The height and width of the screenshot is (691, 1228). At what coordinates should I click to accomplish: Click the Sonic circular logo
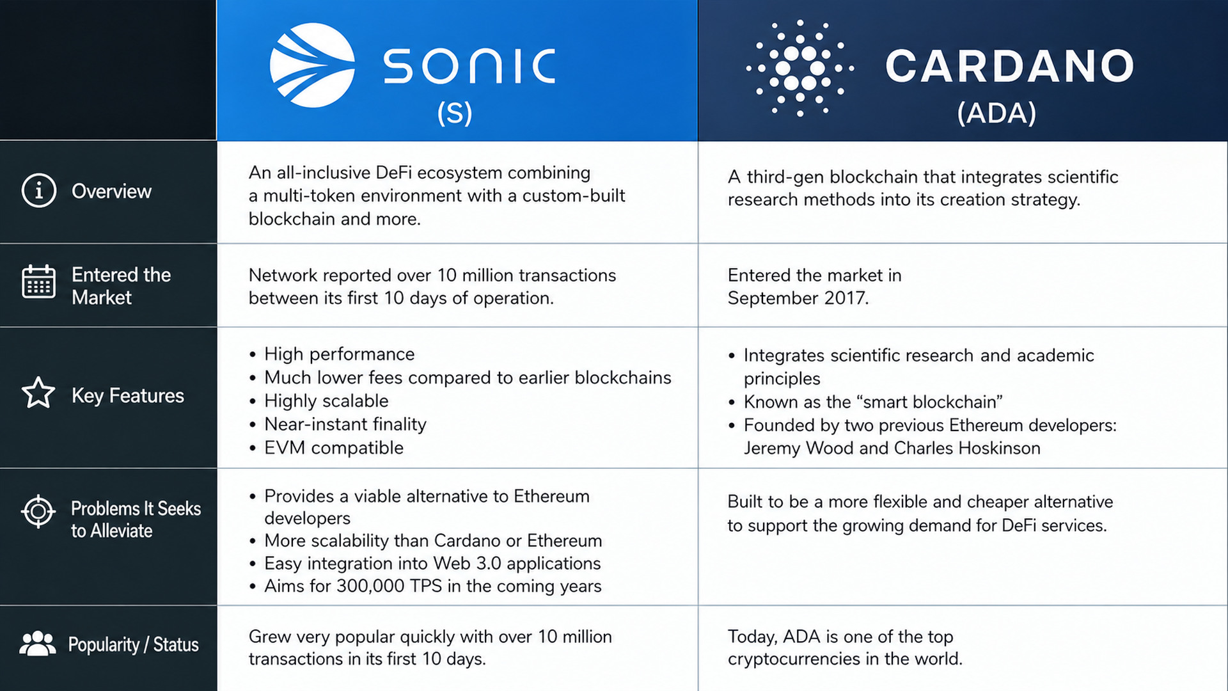click(x=312, y=65)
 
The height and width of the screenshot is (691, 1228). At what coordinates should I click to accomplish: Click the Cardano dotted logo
click(x=799, y=68)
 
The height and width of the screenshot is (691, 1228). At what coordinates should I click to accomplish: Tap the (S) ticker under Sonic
click(x=455, y=113)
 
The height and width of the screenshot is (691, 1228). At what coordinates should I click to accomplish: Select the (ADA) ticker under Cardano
click(x=996, y=113)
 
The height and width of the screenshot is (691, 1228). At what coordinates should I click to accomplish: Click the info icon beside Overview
click(x=39, y=191)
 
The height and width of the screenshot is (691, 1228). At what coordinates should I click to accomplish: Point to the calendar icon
click(x=39, y=282)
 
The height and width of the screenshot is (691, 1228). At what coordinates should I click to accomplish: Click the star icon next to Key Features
click(x=38, y=392)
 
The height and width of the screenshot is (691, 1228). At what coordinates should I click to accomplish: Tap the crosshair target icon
click(x=38, y=511)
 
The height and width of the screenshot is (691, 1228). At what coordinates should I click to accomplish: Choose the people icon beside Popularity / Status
click(x=38, y=644)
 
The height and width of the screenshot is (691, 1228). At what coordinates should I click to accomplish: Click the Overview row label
click(x=111, y=191)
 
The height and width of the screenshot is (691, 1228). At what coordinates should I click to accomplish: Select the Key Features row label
click(x=128, y=395)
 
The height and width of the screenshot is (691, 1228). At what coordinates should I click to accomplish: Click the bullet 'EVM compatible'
click(x=334, y=448)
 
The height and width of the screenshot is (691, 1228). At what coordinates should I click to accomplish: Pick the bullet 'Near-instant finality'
click(x=345, y=424)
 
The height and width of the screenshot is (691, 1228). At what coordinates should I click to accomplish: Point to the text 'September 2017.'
click(x=798, y=298)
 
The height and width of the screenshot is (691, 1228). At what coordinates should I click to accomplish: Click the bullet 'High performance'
click(x=340, y=354)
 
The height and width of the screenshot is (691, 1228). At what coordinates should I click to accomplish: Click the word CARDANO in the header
click(x=1010, y=66)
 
